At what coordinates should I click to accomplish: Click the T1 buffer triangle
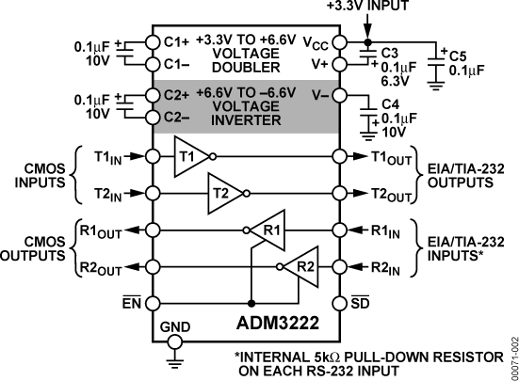(187, 155)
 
